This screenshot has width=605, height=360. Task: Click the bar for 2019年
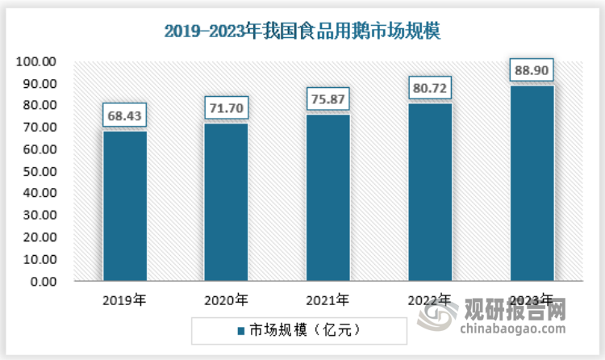[124, 207]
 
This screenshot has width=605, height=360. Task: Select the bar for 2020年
[226, 203]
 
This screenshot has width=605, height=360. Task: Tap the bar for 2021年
[328, 199]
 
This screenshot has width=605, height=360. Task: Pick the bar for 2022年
[429, 193]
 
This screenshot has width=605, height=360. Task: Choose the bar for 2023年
[532, 184]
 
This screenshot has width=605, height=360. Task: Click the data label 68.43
[124, 115]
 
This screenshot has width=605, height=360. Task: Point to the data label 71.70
[226, 107]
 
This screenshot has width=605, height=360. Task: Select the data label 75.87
[328, 99]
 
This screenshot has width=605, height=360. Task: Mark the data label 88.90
[532, 70]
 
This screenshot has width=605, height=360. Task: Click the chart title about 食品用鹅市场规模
[302, 31]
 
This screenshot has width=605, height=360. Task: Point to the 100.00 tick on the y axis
[38, 62]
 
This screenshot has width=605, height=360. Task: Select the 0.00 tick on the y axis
[44, 283]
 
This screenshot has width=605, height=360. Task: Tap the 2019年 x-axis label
[124, 301]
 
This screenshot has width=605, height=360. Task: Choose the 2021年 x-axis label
[328, 301]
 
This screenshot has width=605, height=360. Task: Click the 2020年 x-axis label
[226, 301]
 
